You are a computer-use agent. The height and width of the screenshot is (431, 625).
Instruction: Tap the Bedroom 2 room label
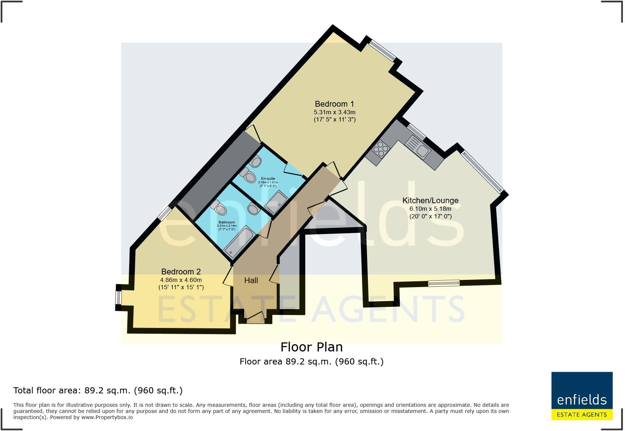point(181,272)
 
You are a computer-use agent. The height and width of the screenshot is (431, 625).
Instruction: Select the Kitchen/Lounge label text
point(430,200)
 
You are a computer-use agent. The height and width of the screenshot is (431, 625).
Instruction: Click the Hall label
point(251,280)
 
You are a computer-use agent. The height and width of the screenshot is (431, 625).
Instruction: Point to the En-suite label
point(268,179)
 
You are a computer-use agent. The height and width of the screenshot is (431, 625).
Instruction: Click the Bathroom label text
point(226,222)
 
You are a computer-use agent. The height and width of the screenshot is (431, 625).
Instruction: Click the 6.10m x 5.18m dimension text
point(430,209)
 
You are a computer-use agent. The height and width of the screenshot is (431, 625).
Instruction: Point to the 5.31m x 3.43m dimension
point(334,112)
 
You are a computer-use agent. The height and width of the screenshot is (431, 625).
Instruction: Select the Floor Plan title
point(311,347)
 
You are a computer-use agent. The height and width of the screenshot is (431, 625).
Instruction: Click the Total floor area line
point(98,391)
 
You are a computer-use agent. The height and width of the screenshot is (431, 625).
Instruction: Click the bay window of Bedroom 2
point(118,298)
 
